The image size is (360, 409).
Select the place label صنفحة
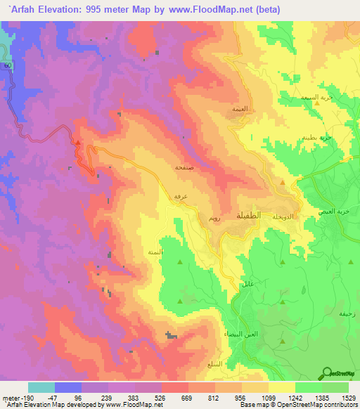point(182,169)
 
